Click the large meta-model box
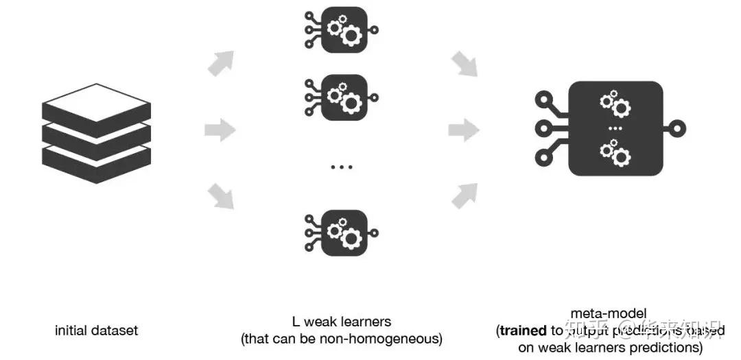pyautogui.click(x=616, y=128)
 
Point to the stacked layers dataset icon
pyautogui.click(x=96, y=133)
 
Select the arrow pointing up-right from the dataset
pyautogui.click(x=221, y=63)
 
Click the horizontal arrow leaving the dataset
pyautogui.click(x=220, y=129)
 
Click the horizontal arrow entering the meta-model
pyautogui.click(x=463, y=129)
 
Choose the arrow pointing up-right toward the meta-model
pyautogui.click(x=464, y=195)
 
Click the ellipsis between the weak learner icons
pyautogui.click(x=341, y=167)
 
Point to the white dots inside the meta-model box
pyautogui.click(x=615, y=129)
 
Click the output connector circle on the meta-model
pyautogui.click(x=679, y=128)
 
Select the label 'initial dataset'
pyautogui.click(x=96, y=331)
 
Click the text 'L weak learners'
pyautogui.click(x=341, y=321)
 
